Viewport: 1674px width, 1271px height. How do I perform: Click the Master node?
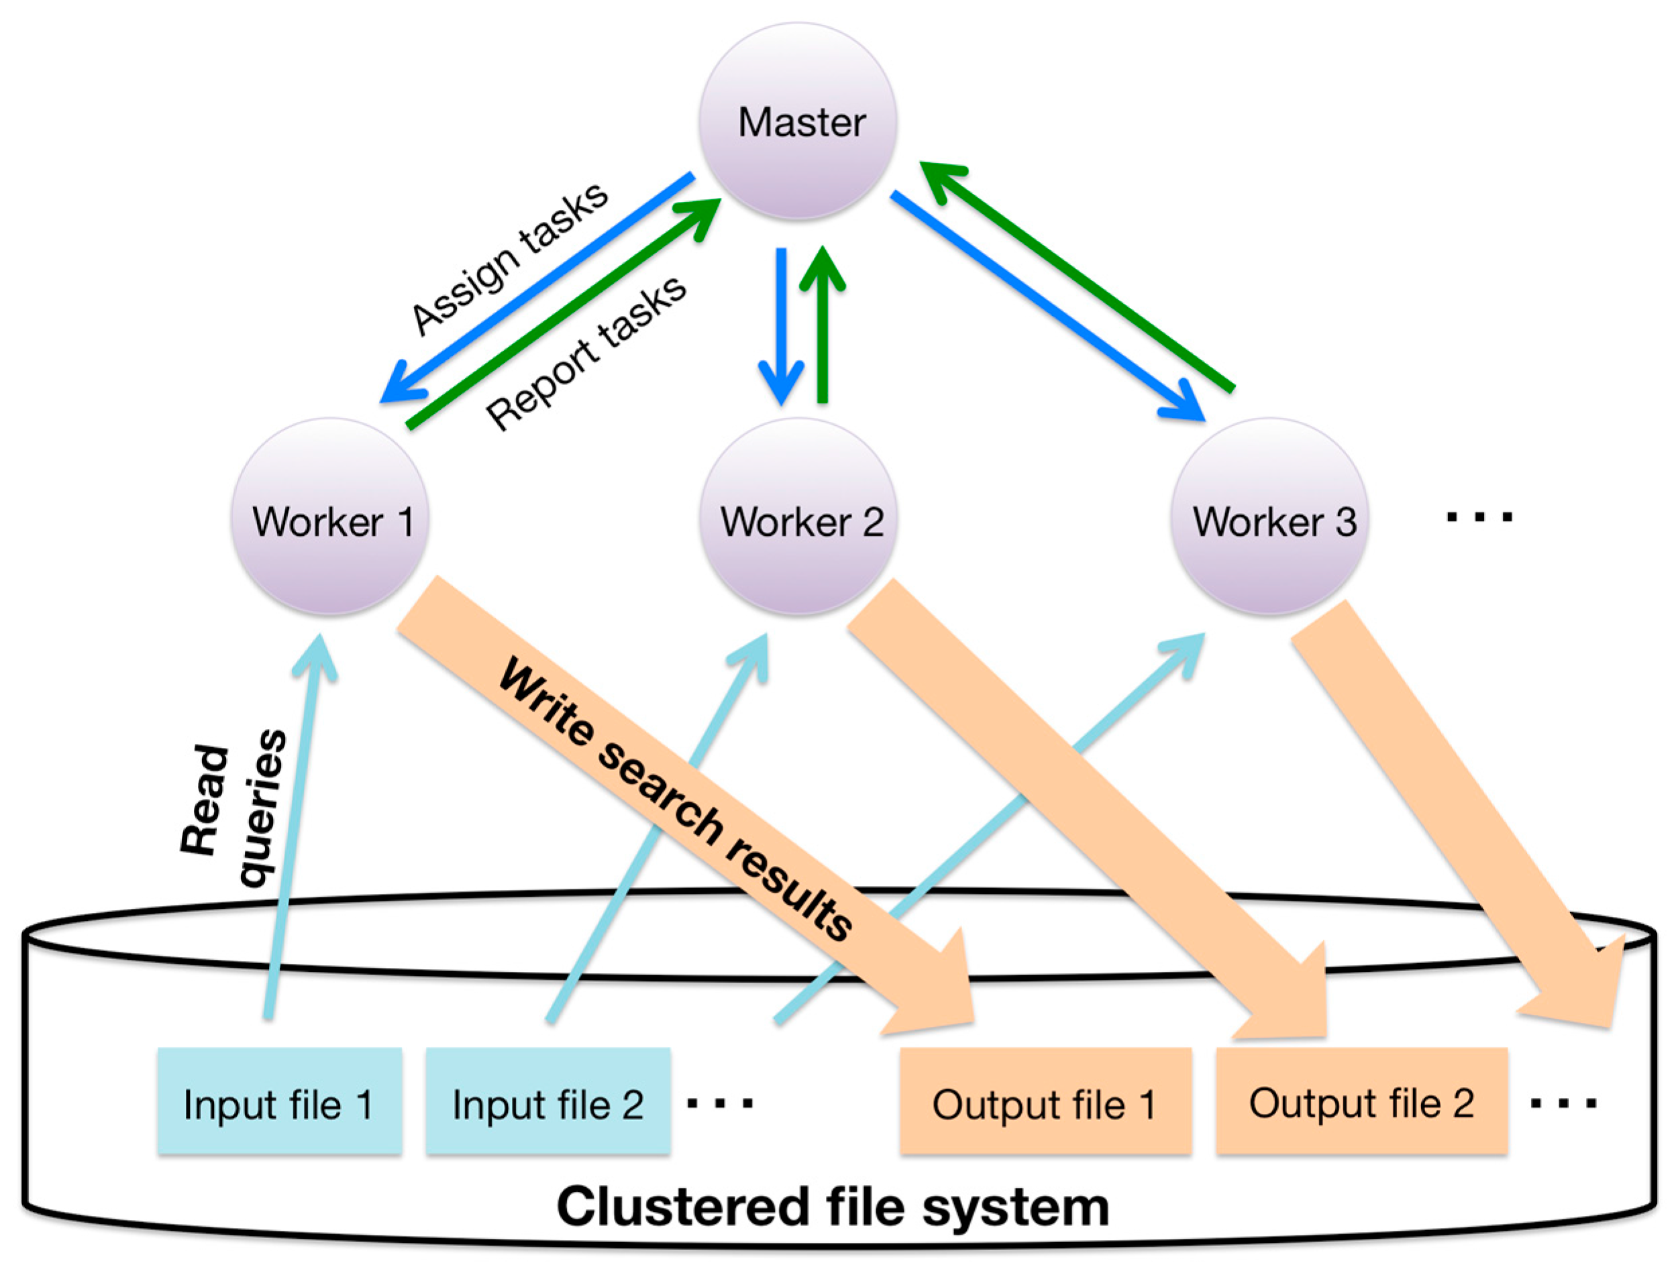tap(798, 121)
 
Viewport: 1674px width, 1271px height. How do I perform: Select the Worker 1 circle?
tap(330, 516)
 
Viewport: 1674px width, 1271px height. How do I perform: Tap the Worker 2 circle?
tap(798, 516)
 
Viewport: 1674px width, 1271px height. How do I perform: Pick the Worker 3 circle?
tap(1269, 516)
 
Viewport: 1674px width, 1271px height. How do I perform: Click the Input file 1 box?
tap(279, 1101)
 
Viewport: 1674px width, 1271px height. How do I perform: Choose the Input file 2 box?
tap(548, 1101)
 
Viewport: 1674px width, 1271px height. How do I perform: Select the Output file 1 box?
tap(1046, 1101)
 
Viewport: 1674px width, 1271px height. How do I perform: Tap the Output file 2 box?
tap(1362, 1101)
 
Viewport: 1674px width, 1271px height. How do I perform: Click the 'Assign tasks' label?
tap(509, 259)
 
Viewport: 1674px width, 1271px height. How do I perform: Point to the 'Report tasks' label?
tap(586, 352)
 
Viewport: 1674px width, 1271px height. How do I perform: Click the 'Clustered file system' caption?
tap(833, 1206)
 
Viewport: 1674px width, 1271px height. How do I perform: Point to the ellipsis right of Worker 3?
tap(1479, 518)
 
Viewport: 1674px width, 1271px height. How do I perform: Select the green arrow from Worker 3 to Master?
tap(1077, 276)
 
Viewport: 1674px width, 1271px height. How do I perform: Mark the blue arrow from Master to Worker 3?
tap(1048, 306)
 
